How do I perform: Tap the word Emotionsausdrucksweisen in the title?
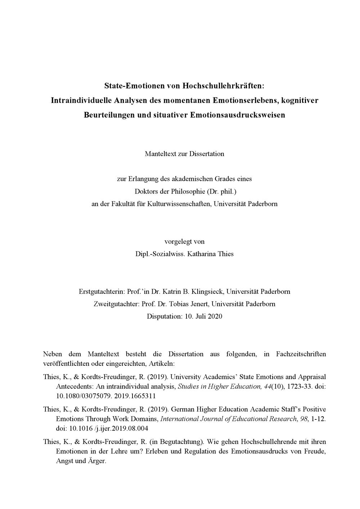coord(237,115)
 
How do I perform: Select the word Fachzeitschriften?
coord(301,354)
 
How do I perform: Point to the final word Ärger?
coord(97,461)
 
